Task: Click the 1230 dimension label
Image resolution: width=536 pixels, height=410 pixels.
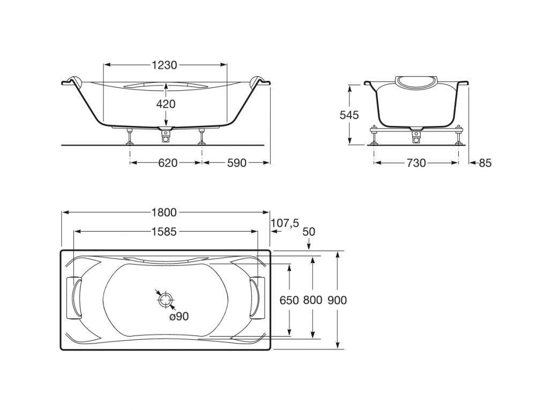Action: coord(165,65)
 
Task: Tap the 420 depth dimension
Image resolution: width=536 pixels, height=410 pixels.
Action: coord(166,104)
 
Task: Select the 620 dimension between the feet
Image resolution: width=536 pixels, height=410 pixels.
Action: coord(168,163)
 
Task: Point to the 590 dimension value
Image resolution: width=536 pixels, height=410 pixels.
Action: coord(236,163)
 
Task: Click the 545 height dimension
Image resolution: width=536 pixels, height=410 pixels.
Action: coord(349,115)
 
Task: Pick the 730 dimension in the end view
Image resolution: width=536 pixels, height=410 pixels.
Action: coord(416,163)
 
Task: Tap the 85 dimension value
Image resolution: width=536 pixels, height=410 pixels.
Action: coord(485,163)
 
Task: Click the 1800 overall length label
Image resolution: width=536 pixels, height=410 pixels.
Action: coord(164,213)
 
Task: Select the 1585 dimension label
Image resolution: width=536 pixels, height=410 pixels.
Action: coord(164,232)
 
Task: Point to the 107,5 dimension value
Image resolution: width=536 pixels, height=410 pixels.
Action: coord(285,223)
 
